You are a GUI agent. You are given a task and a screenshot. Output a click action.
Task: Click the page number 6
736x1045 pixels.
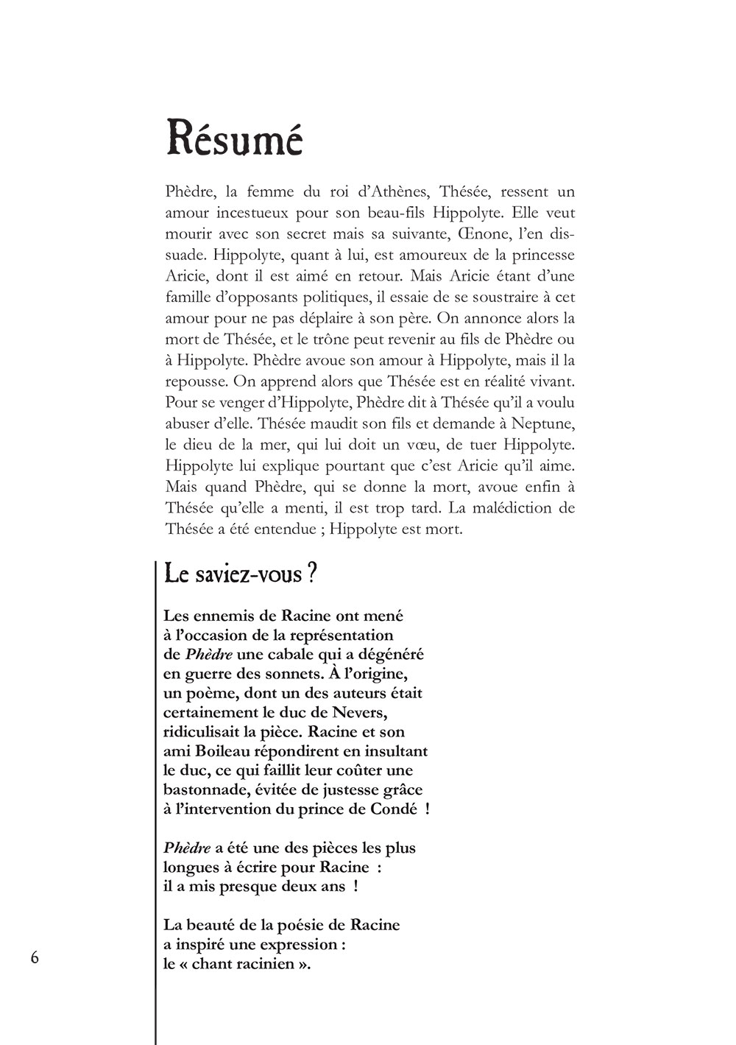point(35,957)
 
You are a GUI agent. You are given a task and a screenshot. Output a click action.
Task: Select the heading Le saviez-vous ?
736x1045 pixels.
point(241,574)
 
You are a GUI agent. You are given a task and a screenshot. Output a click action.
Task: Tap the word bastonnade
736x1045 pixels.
point(208,789)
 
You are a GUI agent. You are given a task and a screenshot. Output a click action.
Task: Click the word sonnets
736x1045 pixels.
point(331,673)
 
